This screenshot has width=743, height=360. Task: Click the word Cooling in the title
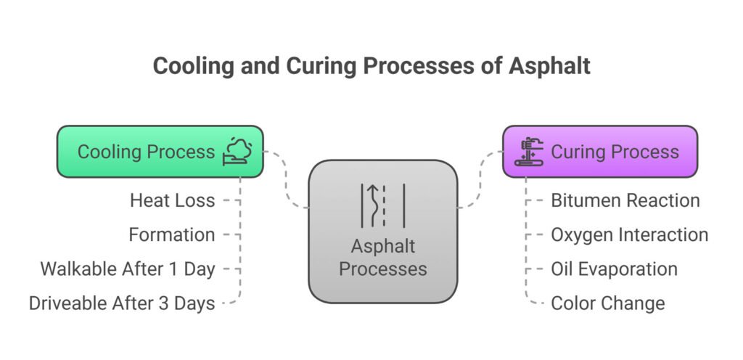[x=193, y=66]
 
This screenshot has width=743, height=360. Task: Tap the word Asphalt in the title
[x=550, y=65]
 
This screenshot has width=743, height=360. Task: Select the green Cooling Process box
[x=160, y=152]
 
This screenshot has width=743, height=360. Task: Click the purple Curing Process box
[x=600, y=152]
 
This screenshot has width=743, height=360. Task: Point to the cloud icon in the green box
[x=237, y=152]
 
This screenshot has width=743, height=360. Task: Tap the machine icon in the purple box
[x=529, y=152]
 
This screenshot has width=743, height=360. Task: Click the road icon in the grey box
[x=383, y=205]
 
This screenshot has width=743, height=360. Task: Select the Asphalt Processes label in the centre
[x=383, y=258]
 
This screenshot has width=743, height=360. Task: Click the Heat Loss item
[x=173, y=200]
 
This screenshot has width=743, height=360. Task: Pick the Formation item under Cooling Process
[x=172, y=234]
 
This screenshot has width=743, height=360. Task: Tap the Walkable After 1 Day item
[x=128, y=269]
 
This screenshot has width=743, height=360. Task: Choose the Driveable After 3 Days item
[x=122, y=303]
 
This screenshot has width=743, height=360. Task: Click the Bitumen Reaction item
[x=625, y=200]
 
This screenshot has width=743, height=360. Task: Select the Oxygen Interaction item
[x=629, y=235]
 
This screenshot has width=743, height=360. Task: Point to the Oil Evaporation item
[x=614, y=269]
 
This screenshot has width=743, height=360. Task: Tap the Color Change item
[x=608, y=303]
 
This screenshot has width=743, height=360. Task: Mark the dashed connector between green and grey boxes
[x=286, y=179]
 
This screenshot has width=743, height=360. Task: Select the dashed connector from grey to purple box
[x=480, y=179]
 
